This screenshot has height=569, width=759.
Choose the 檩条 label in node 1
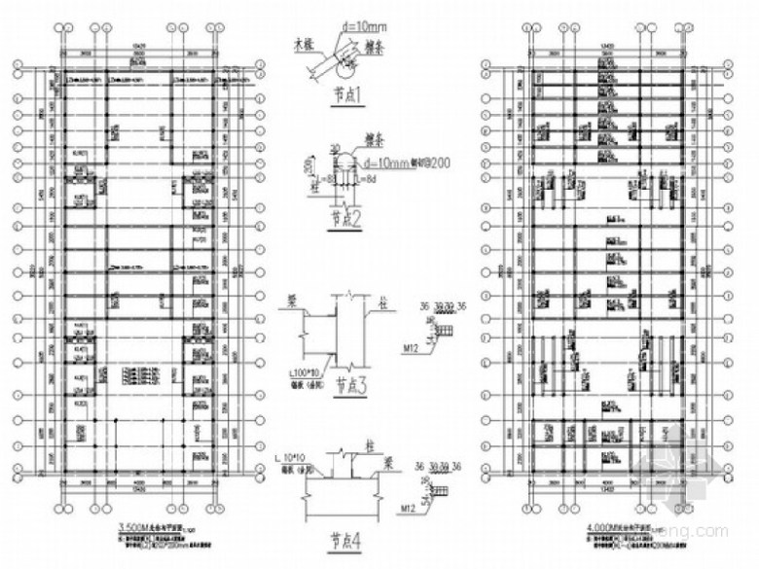point(376,44)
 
